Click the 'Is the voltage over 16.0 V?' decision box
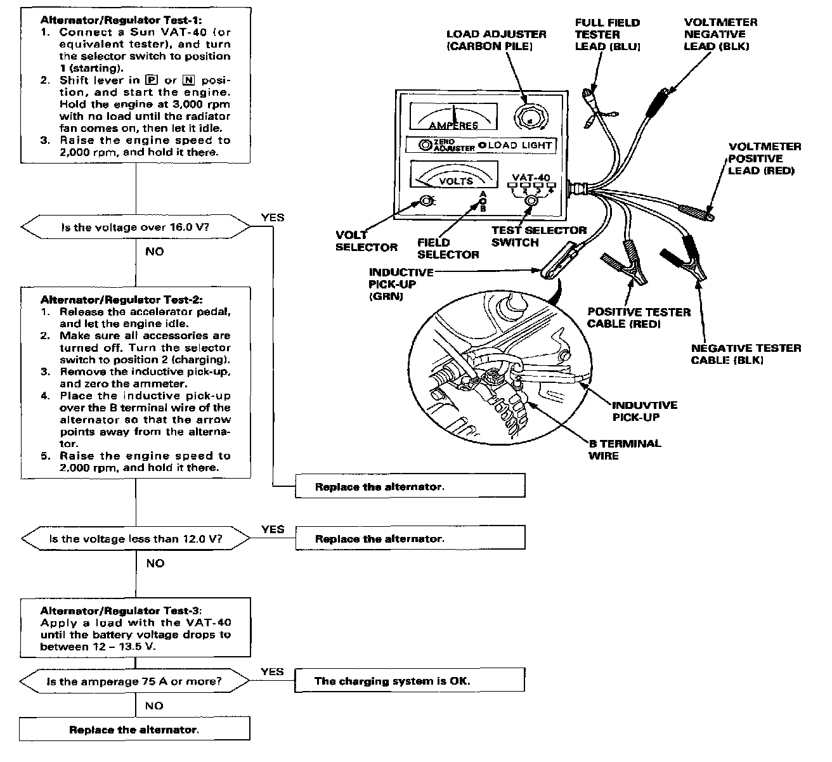[x=136, y=227]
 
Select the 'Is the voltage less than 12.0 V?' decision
[x=136, y=539]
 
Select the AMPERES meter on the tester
[x=453, y=116]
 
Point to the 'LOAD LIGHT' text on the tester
[x=520, y=145]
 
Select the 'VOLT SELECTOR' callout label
[x=366, y=241]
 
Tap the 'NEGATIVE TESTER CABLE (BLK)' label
[x=745, y=354]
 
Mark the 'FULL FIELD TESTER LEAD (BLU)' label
[x=607, y=34]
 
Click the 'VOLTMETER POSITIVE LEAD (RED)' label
[x=764, y=158]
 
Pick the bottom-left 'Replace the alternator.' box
[x=134, y=730]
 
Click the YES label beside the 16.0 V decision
[x=273, y=217]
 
